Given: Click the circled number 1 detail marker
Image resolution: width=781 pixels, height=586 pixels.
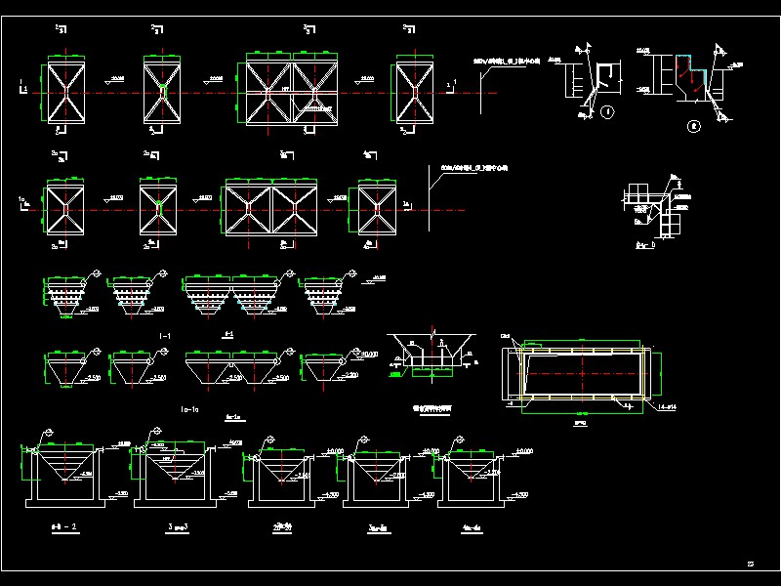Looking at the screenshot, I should (x=606, y=112).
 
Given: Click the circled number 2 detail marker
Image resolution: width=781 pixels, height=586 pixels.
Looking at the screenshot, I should (x=694, y=124).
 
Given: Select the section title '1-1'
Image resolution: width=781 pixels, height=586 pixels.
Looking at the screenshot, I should (x=165, y=335).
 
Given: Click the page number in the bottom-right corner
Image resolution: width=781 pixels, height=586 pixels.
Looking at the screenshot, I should (x=751, y=563).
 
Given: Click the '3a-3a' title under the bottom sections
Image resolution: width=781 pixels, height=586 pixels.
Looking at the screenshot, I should (x=378, y=526).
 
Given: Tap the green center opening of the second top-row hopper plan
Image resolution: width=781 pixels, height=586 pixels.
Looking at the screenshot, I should (x=163, y=91).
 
